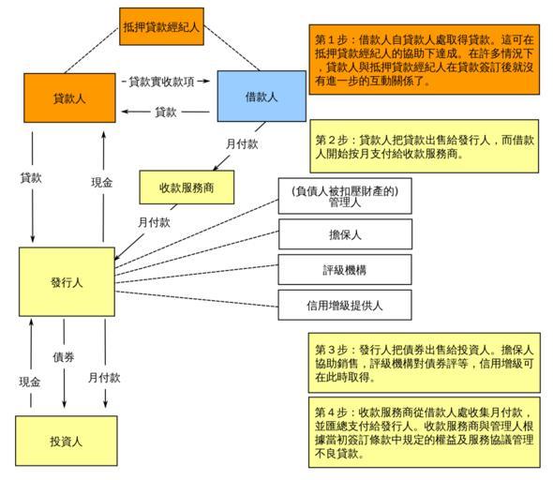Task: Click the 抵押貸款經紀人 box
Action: coord(161,26)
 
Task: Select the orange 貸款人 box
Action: coord(69,98)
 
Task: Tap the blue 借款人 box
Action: coord(262,96)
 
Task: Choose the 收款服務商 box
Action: coord(187,187)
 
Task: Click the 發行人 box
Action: coord(67,282)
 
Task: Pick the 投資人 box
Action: coord(67,441)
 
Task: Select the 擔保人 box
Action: coord(345,234)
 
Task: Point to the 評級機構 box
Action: coord(345,269)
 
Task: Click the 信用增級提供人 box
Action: coord(345,305)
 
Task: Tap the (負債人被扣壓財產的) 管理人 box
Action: coord(345,196)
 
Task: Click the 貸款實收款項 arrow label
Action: coord(161,82)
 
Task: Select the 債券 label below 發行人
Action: coord(64,357)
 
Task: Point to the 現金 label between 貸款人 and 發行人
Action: coord(102,182)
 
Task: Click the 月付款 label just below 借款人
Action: coord(242,143)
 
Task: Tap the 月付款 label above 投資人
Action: coord(104,378)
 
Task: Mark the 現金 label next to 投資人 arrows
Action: coord(30,382)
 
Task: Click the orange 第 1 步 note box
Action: coord(425,59)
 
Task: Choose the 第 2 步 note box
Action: coord(425,146)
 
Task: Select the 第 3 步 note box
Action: coord(425,363)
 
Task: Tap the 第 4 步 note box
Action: coord(425,432)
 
